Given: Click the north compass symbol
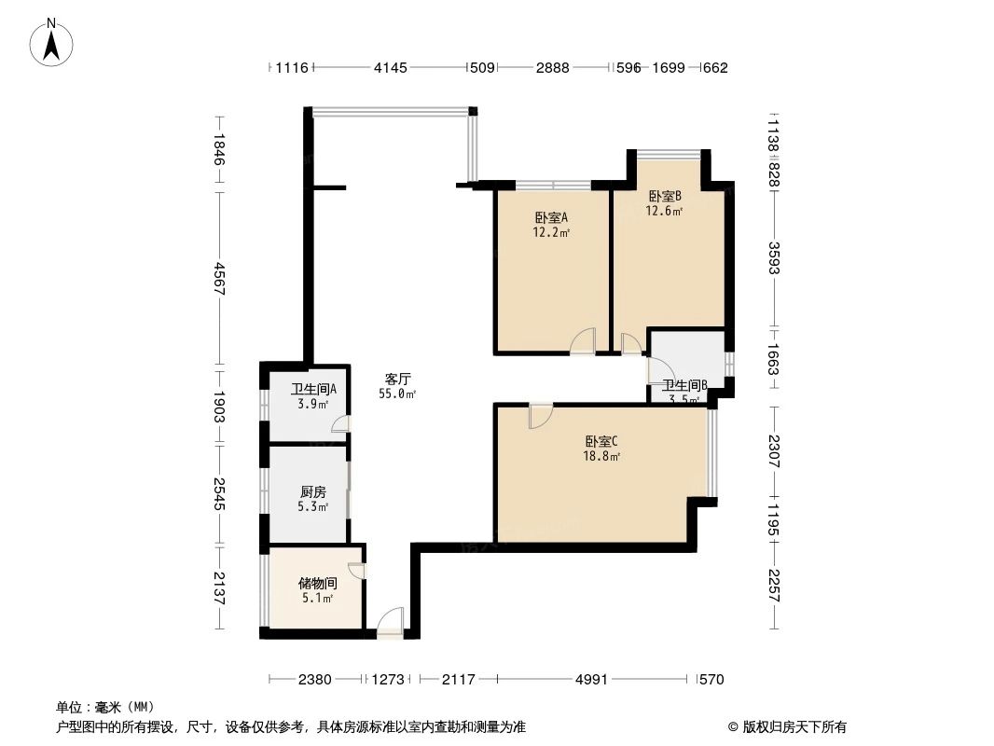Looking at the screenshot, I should coord(53,43).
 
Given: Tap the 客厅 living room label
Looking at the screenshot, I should coord(399,380).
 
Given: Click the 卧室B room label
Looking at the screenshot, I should coord(665,196).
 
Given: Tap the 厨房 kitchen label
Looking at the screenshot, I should coord(313,491).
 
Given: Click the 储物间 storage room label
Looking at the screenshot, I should coord(316,583).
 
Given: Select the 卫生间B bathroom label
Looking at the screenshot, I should coord(684,385).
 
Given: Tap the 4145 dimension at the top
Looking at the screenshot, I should coord(390,67).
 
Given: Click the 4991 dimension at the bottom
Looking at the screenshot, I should coord(590,680).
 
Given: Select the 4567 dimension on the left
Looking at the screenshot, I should coord(219,279).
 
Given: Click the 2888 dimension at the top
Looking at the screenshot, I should coord(552,67).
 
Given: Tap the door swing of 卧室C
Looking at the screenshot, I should coord(540,416).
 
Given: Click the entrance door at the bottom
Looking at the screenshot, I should coord(391,623).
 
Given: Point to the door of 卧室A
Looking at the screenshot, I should coord(583,341).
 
